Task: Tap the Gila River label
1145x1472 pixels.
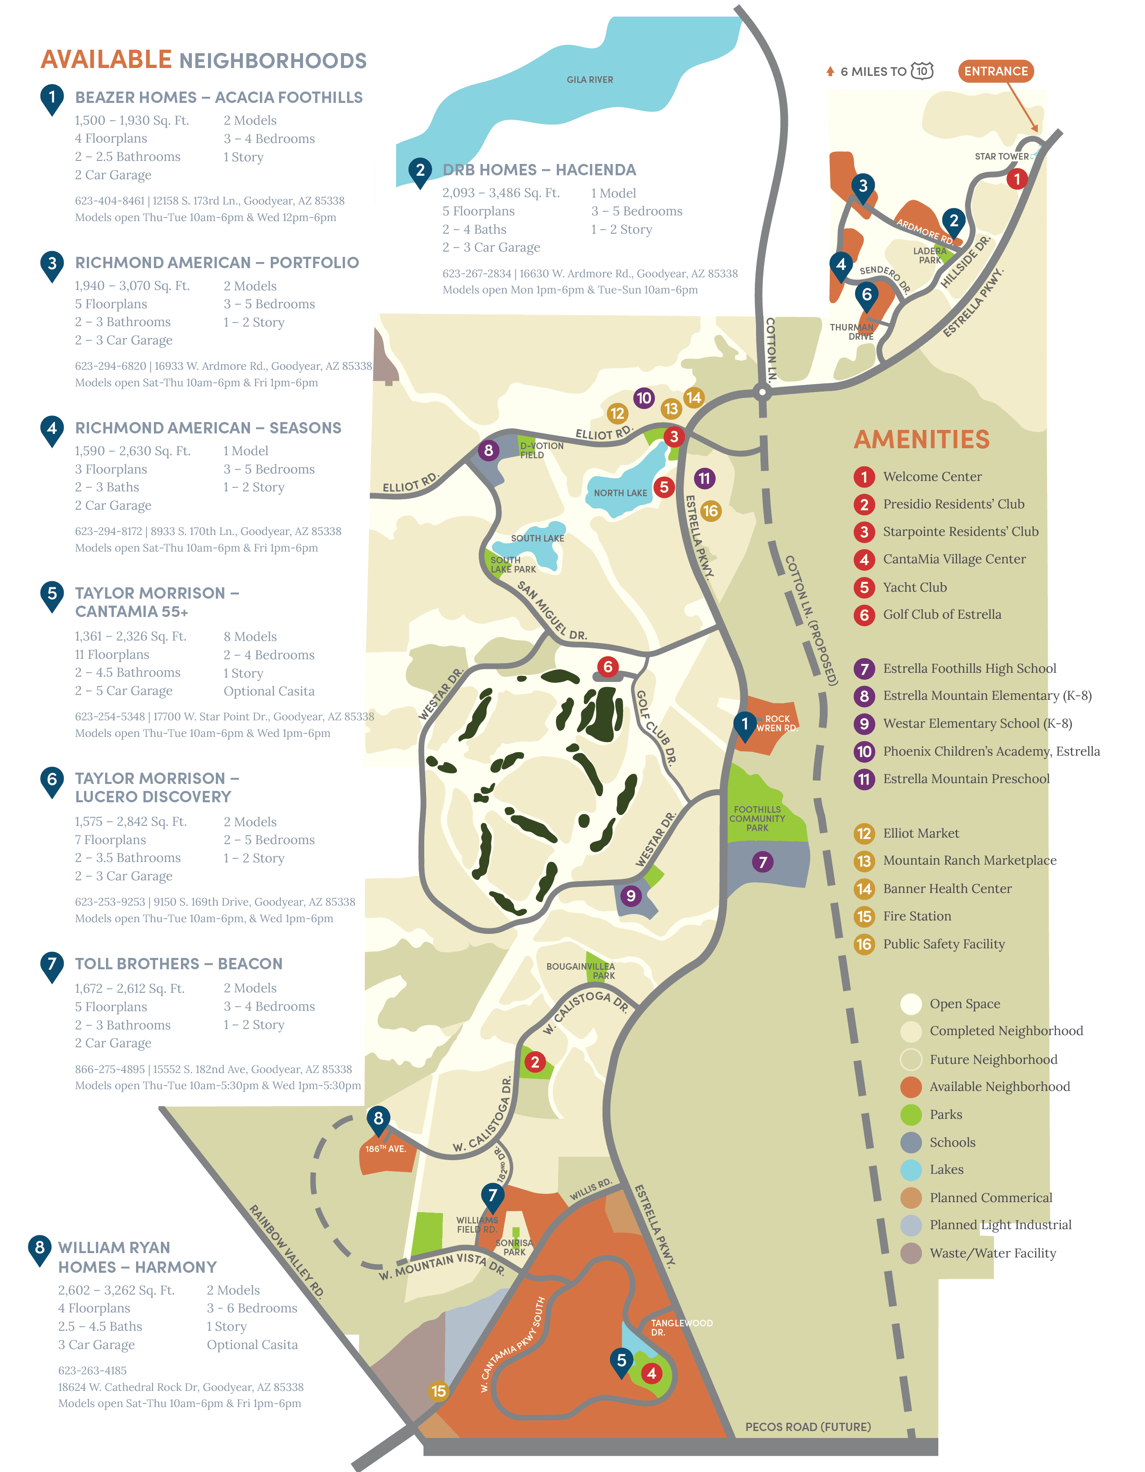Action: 590,79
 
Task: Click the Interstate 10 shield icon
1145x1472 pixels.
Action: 922,71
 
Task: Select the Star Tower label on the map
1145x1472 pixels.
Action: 1002,157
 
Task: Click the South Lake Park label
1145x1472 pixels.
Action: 512,565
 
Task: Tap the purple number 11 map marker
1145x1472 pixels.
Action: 704,479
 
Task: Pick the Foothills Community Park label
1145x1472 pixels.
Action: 757,818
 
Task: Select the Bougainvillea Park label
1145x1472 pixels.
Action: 581,971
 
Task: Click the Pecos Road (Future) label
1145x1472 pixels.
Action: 808,1427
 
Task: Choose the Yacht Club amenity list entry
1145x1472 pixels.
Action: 914,587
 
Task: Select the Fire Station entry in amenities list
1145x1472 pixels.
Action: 917,916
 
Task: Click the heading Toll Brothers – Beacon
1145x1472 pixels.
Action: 179,964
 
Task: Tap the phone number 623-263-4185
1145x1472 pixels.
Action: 92,1370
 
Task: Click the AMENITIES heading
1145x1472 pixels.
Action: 921,440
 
